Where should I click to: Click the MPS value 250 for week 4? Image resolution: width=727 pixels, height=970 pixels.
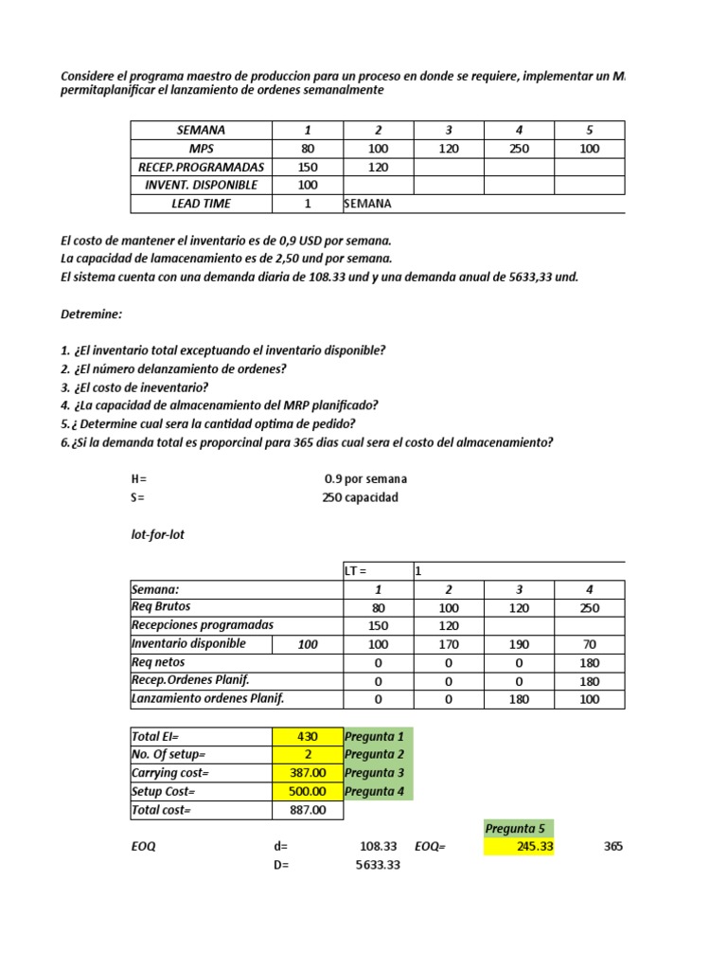(x=519, y=149)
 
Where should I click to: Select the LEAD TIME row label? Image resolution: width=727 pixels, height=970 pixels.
(x=201, y=204)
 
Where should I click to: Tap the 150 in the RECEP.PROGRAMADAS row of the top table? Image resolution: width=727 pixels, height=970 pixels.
(x=308, y=167)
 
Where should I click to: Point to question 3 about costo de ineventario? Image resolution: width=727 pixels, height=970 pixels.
(x=134, y=387)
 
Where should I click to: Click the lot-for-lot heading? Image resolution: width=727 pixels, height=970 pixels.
(x=158, y=534)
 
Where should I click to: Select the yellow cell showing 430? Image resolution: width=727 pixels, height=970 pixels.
(x=308, y=736)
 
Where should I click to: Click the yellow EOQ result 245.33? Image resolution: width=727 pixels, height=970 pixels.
(x=519, y=847)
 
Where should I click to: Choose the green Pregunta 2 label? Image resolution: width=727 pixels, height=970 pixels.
(x=378, y=754)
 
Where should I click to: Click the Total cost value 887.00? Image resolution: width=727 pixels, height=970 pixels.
(x=308, y=810)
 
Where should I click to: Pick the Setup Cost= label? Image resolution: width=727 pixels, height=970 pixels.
(x=164, y=791)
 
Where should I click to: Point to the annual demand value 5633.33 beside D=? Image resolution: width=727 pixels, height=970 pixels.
(x=378, y=865)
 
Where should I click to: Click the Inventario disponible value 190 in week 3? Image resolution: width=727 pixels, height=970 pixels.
(x=519, y=644)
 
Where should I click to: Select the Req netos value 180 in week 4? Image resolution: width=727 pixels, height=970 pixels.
(x=589, y=662)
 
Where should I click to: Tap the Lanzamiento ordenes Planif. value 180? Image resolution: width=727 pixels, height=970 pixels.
(x=519, y=699)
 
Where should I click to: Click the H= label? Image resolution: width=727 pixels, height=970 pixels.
(x=138, y=479)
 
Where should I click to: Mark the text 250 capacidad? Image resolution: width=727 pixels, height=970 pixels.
(x=361, y=497)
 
